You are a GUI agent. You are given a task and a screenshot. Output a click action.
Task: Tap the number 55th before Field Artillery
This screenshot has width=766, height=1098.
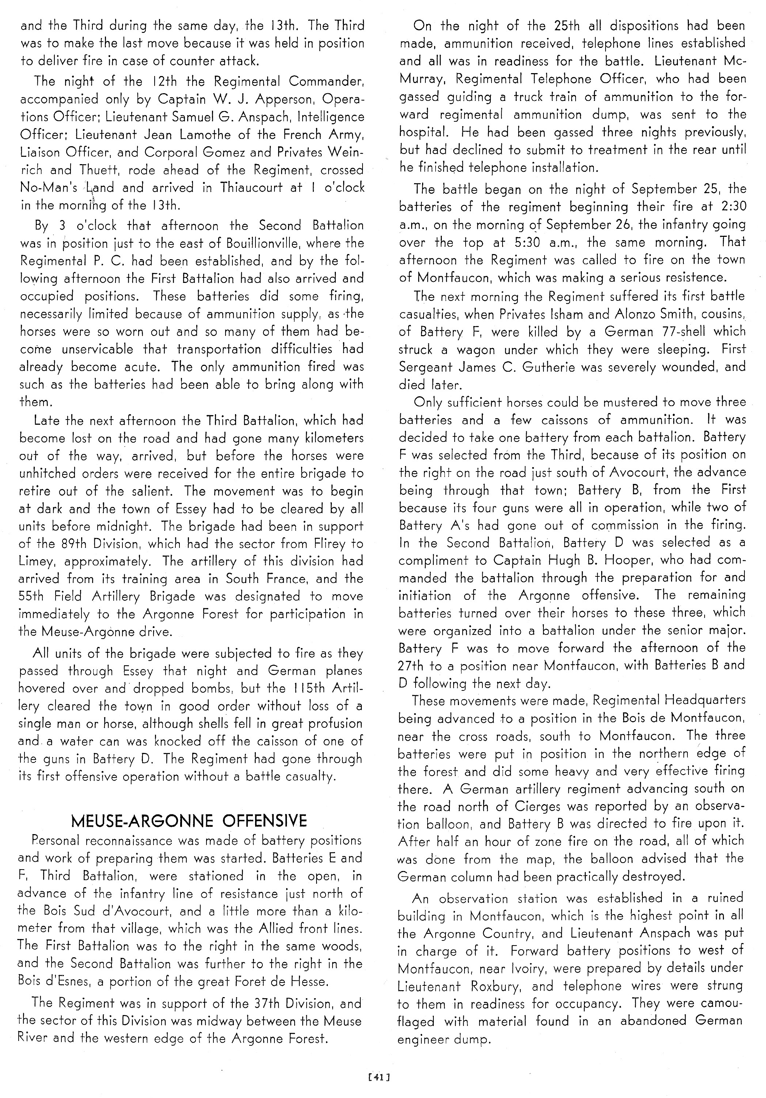[x=33, y=597]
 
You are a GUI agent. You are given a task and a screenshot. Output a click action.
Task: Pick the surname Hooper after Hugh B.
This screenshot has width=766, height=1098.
[x=644, y=560]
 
